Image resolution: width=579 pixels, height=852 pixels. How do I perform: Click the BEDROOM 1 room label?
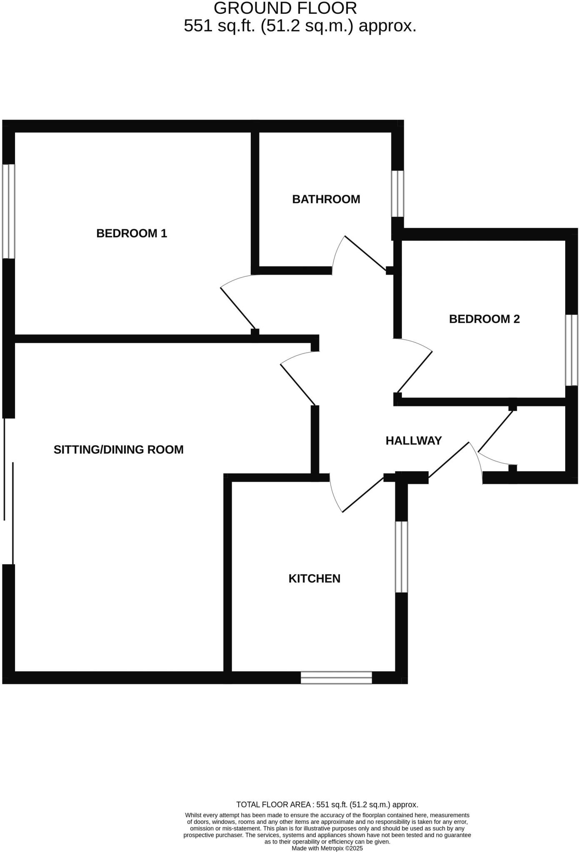[x=132, y=233]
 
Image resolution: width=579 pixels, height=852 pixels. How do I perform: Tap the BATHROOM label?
[x=326, y=199]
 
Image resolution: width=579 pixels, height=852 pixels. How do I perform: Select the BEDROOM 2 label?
[x=484, y=319]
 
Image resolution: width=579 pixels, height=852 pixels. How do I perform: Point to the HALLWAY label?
[x=414, y=441]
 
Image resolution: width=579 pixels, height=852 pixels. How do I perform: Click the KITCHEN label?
[x=314, y=578]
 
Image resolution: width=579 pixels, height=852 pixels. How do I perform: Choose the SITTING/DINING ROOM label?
[x=119, y=449]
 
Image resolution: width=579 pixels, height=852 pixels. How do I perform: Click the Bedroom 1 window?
[x=9, y=211]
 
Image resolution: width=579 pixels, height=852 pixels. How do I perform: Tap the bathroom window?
[x=397, y=193]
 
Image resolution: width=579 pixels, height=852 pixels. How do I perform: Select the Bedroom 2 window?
[x=572, y=350]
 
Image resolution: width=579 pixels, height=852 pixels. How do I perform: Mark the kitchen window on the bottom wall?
[x=336, y=678]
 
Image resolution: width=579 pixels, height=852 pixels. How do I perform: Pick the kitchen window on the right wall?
[x=401, y=557]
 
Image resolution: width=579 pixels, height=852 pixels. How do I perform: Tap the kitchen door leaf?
[x=362, y=495]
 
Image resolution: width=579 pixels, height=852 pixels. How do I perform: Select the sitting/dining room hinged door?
[x=298, y=385]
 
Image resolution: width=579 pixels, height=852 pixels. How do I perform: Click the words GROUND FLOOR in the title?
[x=285, y=8]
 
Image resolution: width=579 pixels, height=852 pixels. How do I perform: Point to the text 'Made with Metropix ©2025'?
[x=327, y=848]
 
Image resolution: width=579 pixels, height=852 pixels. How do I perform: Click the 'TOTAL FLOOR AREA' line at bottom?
[x=327, y=805]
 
